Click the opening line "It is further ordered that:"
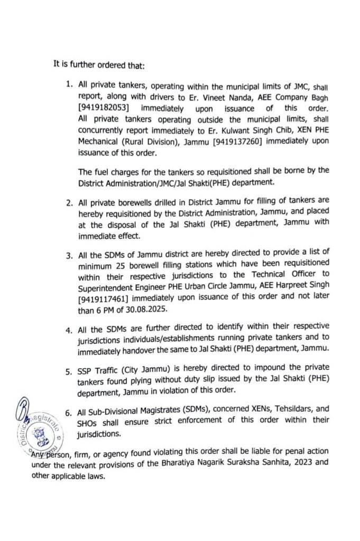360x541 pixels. tap(102, 64)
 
